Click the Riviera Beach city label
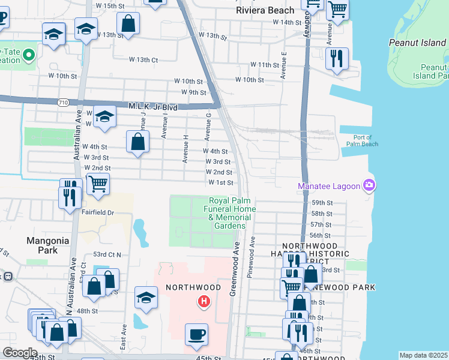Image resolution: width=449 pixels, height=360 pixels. (x=265, y=10)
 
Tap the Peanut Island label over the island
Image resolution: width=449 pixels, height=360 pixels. (x=411, y=43)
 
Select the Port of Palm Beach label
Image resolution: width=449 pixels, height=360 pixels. (x=362, y=140)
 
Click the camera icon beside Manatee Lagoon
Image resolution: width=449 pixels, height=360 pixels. (x=370, y=185)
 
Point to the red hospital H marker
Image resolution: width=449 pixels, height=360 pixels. (x=204, y=301)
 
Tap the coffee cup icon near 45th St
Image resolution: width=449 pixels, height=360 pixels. (x=196, y=334)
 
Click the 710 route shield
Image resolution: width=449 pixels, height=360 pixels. (x=63, y=103)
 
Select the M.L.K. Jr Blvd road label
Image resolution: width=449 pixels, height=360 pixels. (x=153, y=106)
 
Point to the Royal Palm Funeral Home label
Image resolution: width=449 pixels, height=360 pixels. (x=232, y=213)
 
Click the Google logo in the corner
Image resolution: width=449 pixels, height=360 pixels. (x=19, y=353)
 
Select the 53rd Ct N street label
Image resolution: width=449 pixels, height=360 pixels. (x=105, y=255)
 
